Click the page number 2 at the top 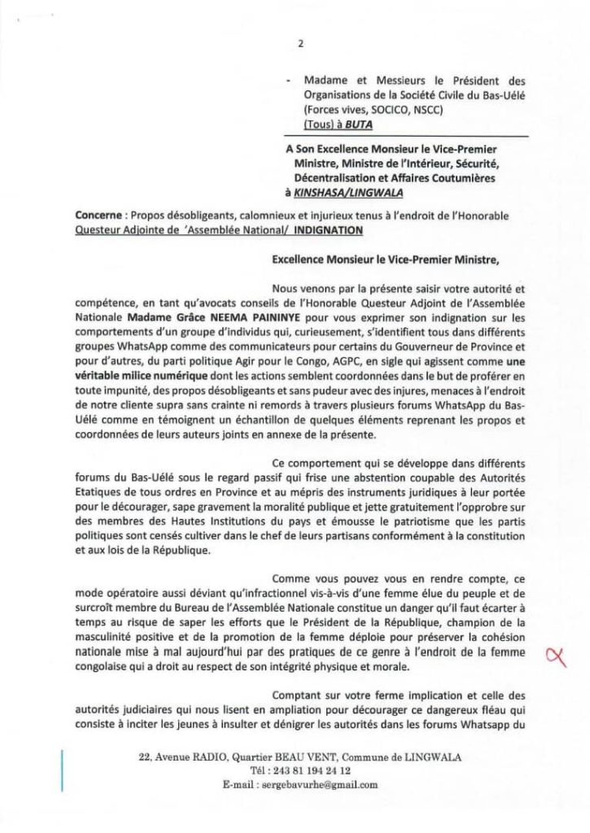pos(300,46)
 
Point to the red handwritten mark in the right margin pos(557,653)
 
